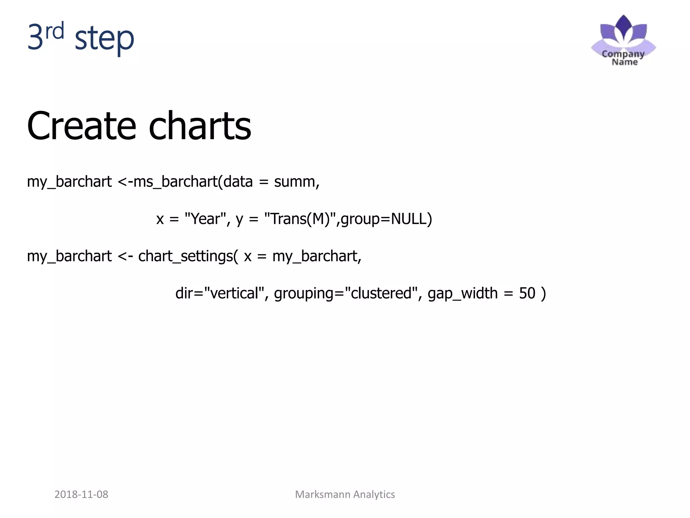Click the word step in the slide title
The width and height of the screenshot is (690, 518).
point(104,39)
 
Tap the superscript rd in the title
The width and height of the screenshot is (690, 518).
point(55,31)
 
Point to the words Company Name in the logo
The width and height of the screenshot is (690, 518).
point(623,58)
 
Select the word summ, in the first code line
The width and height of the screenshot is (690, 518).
point(296,182)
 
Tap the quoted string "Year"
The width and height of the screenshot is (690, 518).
point(206,219)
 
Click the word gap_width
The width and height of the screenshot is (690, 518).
point(462,293)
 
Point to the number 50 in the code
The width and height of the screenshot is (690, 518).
point(527,293)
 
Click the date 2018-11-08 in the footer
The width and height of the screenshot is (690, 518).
point(81,494)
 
